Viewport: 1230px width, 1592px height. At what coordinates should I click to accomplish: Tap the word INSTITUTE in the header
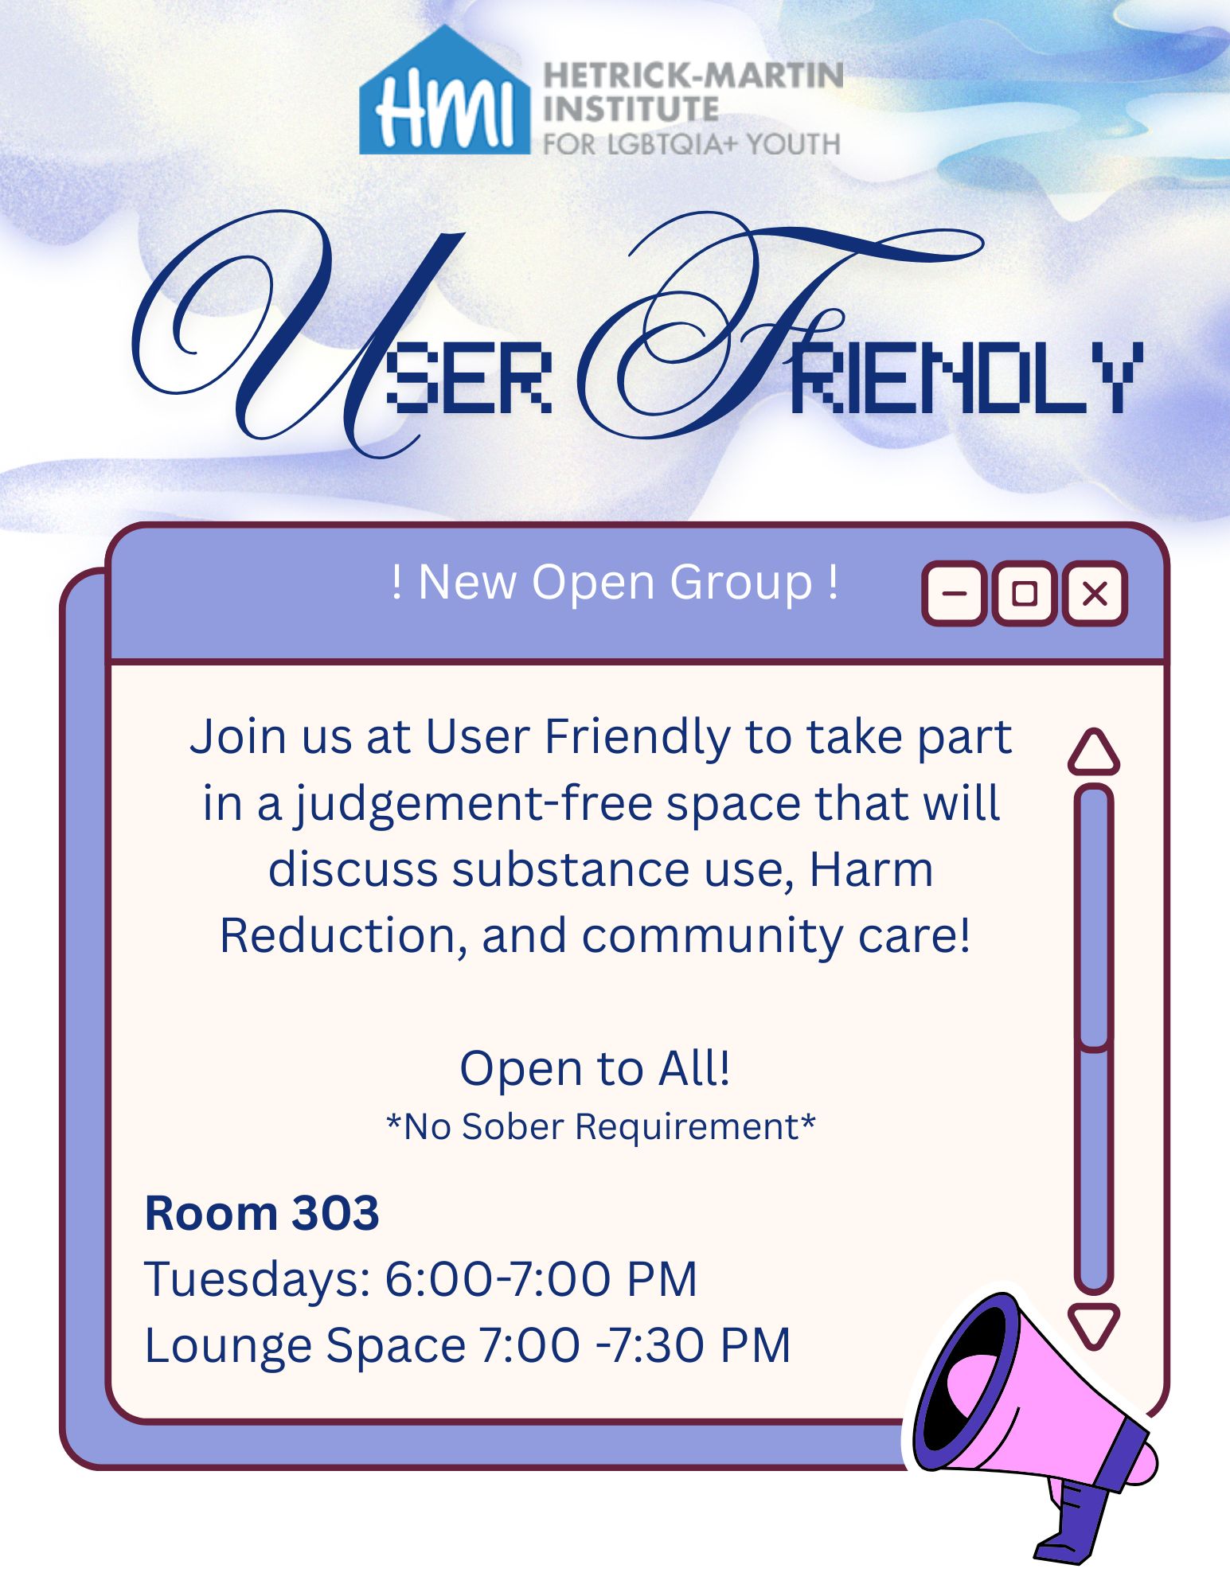[631, 109]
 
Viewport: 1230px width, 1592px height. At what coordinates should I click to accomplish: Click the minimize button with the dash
[955, 594]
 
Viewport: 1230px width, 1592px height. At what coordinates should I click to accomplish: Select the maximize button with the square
[1025, 594]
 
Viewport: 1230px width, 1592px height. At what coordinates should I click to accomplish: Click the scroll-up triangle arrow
[1094, 752]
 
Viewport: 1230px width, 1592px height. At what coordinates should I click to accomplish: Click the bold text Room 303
[261, 1213]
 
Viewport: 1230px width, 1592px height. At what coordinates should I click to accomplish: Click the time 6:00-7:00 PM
[541, 1279]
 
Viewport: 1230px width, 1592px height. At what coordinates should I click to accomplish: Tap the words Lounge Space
[305, 1347]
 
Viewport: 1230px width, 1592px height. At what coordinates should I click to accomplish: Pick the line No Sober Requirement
[601, 1126]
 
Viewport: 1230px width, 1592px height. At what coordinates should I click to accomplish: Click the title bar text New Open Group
[615, 582]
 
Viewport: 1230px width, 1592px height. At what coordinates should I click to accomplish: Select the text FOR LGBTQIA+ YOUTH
[691, 144]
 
